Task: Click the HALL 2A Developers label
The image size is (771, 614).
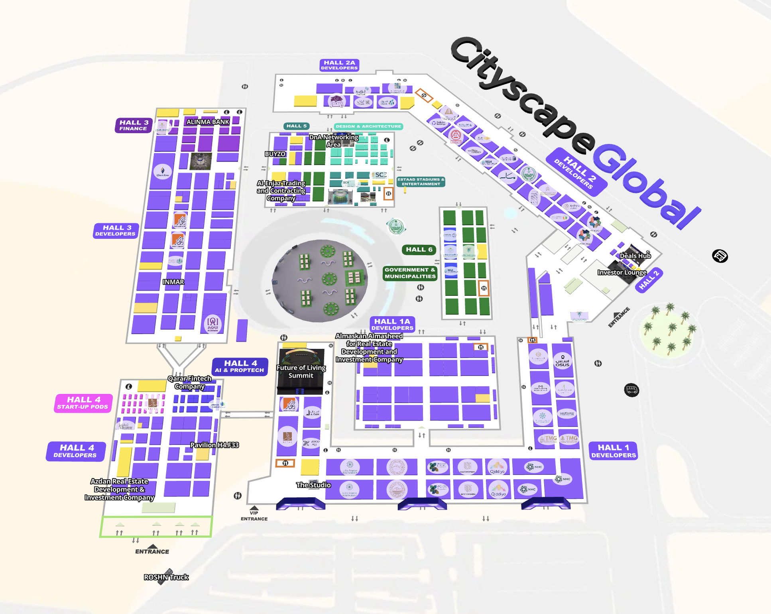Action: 339,65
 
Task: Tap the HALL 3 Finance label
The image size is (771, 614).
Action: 134,125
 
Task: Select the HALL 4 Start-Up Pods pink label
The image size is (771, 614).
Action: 83,403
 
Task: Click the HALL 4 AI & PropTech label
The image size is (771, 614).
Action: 240,366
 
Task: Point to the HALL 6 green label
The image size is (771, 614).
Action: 419,250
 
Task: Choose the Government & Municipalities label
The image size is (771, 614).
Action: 410,273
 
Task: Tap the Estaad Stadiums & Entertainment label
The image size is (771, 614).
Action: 421,182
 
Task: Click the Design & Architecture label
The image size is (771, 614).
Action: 368,126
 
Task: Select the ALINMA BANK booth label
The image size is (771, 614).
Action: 208,122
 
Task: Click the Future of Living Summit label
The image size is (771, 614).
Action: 301,371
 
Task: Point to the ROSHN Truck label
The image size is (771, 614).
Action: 166,577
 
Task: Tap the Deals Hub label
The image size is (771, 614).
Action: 635,256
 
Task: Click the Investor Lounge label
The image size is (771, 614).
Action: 622,272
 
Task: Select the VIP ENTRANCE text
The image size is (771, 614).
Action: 254,516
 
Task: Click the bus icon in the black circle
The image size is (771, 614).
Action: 631,390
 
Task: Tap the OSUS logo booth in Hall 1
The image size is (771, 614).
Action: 563,361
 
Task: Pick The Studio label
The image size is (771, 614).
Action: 313,485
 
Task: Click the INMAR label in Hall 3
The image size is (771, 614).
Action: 173,282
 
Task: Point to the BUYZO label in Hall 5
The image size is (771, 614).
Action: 275,154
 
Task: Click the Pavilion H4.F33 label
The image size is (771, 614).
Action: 214,445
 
